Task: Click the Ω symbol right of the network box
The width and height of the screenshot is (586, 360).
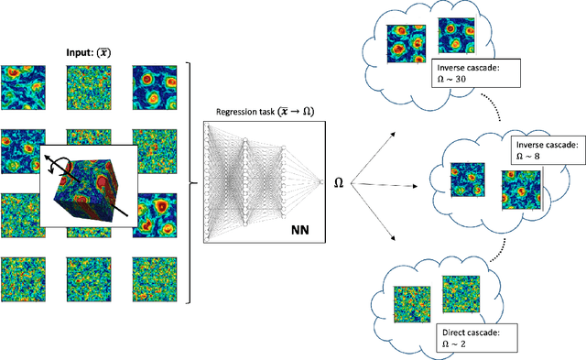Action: coord(338,183)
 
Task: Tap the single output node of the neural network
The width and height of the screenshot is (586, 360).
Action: coord(320,182)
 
